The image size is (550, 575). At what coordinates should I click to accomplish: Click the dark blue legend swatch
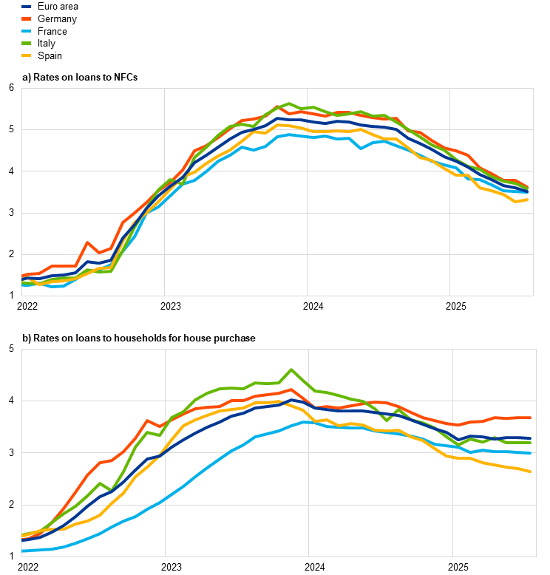tap(27, 7)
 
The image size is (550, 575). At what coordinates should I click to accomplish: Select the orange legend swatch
tap(27, 18)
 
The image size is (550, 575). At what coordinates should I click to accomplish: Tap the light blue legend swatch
tap(27, 31)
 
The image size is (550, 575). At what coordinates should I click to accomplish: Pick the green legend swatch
tap(27, 43)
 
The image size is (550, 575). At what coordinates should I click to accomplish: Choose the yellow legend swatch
tap(27, 55)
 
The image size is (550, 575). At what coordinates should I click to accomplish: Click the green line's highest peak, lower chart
tap(291, 370)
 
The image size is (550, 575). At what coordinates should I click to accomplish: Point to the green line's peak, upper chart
tap(289, 103)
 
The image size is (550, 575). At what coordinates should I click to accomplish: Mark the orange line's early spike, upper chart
tap(86, 242)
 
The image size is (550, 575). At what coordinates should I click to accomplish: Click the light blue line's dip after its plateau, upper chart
tap(361, 148)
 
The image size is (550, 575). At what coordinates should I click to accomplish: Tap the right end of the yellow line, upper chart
tap(527, 199)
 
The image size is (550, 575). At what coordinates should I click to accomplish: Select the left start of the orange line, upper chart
tap(22, 276)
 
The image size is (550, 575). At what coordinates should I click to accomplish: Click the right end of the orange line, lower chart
tap(531, 418)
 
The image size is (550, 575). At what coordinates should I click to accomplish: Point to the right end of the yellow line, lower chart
tap(531, 472)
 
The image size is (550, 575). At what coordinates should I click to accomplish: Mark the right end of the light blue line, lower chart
tap(531, 453)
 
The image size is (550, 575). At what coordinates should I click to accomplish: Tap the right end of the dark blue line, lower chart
tap(531, 438)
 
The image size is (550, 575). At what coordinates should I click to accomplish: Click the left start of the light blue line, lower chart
tap(22, 551)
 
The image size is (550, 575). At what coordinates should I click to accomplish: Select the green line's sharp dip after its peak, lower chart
tap(387, 421)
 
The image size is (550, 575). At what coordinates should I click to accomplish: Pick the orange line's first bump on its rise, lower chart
tap(147, 421)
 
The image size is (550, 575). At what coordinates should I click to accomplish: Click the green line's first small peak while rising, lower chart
tap(99, 483)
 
